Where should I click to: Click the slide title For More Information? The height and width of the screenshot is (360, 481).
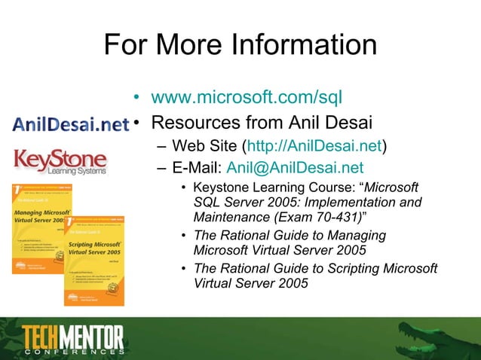pos(240,44)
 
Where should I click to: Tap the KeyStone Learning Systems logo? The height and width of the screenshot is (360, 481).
pos(60,161)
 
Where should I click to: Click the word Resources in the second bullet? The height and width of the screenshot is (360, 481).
pos(197,121)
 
